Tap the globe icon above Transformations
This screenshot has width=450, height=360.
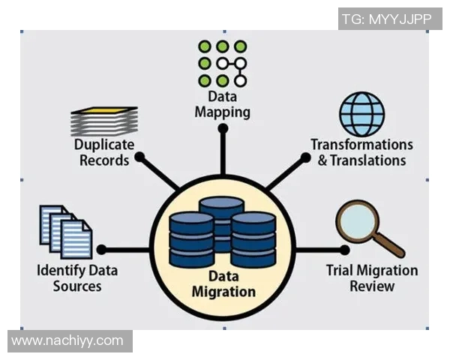[x=361, y=114]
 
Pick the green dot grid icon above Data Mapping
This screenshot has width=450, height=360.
[x=222, y=63]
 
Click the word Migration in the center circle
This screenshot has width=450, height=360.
[x=223, y=292]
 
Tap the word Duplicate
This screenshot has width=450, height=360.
[x=103, y=145]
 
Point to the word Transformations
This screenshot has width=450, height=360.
[x=361, y=145]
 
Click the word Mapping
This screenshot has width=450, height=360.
[x=222, y=112]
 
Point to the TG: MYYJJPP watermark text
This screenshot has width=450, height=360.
[x=388, y=19]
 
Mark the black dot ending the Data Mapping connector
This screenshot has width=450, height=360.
[x=223, y=129]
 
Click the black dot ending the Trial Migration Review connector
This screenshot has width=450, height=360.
[x=344, y=250]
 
